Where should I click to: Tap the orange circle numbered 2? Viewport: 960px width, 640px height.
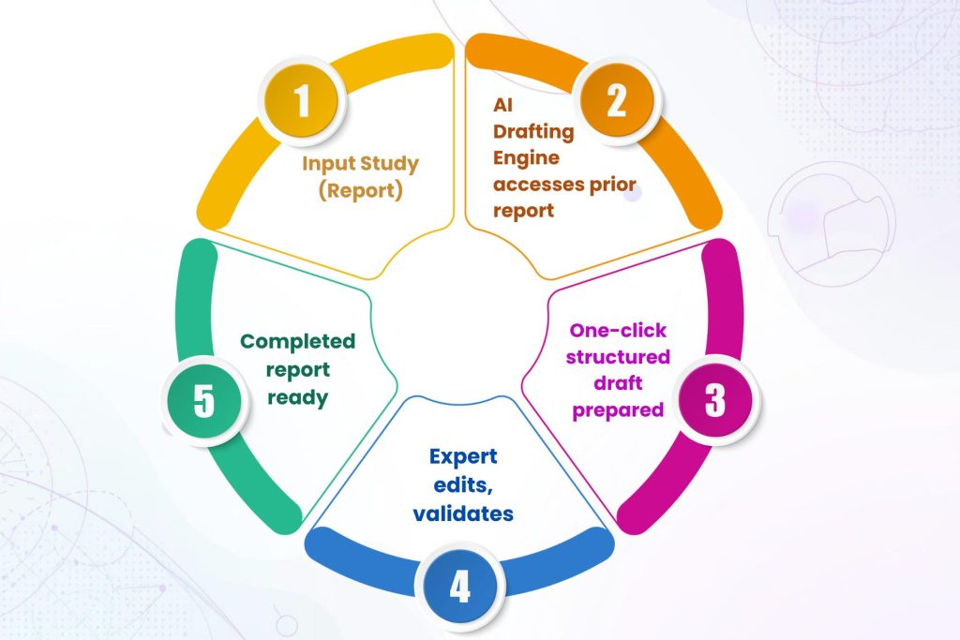pos(616,100)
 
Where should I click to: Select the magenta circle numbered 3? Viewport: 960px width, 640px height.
pos(715,400)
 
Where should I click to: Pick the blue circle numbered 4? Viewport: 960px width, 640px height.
pos(458,588)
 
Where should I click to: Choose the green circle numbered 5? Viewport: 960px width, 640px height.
pos(204,399)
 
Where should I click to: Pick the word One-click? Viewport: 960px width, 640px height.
pos(619,331)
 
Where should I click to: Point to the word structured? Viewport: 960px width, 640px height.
pos(620,357)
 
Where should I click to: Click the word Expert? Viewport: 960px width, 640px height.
pos(462,456)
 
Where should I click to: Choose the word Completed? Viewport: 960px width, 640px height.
pos(297,341)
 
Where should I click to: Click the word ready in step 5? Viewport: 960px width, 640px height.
pos(297,396)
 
